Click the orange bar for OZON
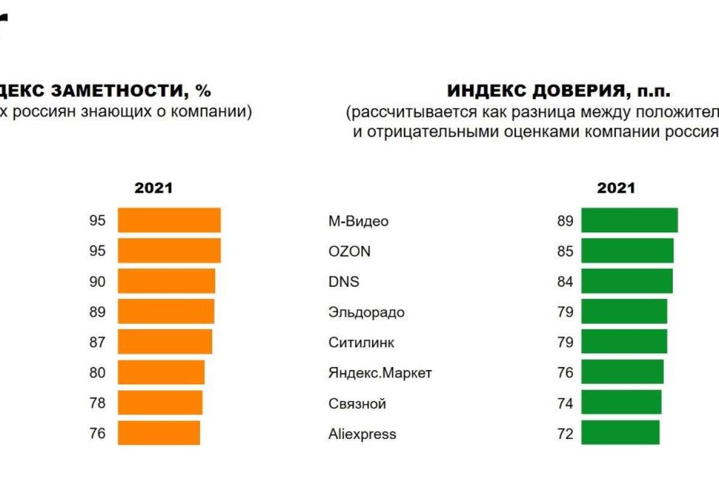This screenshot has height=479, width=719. click(169, 250)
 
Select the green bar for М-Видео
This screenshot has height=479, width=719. click(629, 220)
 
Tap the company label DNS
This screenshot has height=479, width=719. click(344, 281)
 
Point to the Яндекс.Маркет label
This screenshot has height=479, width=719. click(380, 373)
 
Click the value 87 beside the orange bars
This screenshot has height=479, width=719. click(97, 342)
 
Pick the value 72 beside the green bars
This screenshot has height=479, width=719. click(565, 433)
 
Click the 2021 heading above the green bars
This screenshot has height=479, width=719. click(615, 188)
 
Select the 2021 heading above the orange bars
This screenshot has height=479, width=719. click(153, 188)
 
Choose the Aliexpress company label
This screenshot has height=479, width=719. click(362, 433)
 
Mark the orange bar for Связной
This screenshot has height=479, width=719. click(160, 402)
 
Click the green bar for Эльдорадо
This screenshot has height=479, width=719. click(624, 311)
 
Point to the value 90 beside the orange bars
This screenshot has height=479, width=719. click(97, 281)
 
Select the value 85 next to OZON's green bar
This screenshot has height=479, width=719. click(565, 251)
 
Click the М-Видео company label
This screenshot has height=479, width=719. click(358, 221)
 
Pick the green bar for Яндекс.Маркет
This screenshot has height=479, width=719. click(622, 372)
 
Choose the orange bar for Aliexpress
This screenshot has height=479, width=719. click(159, 433)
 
